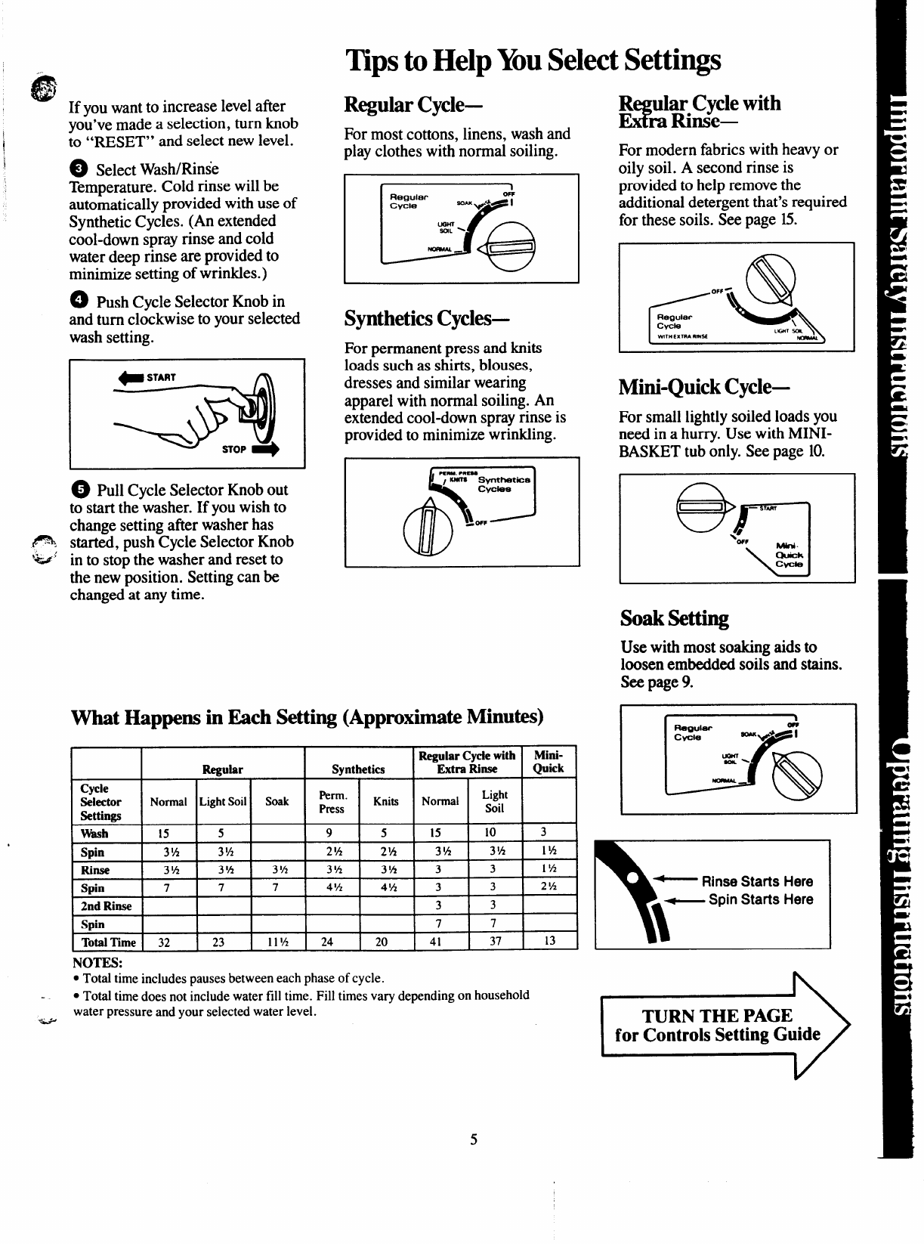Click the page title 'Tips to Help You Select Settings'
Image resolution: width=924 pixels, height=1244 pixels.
533,60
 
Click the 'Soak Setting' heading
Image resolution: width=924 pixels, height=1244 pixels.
674,618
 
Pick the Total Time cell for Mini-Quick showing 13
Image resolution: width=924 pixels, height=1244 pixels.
549,942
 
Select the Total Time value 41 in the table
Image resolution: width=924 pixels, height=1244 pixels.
436,942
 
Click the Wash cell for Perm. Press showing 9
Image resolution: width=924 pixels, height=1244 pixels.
329,834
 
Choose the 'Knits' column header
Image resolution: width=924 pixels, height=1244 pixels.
385,801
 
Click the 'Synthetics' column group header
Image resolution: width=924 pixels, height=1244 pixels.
358,769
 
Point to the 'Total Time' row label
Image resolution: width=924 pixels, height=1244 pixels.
108,942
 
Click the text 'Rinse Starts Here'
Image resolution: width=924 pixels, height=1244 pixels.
757,881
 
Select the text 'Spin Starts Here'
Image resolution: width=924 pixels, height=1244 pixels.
761,899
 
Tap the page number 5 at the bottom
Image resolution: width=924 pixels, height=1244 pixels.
474,1140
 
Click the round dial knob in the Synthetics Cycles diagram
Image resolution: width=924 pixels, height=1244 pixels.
428,527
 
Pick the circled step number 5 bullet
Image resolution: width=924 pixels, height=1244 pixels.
81,490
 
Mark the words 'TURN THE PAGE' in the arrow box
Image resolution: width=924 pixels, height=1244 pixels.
717,1015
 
